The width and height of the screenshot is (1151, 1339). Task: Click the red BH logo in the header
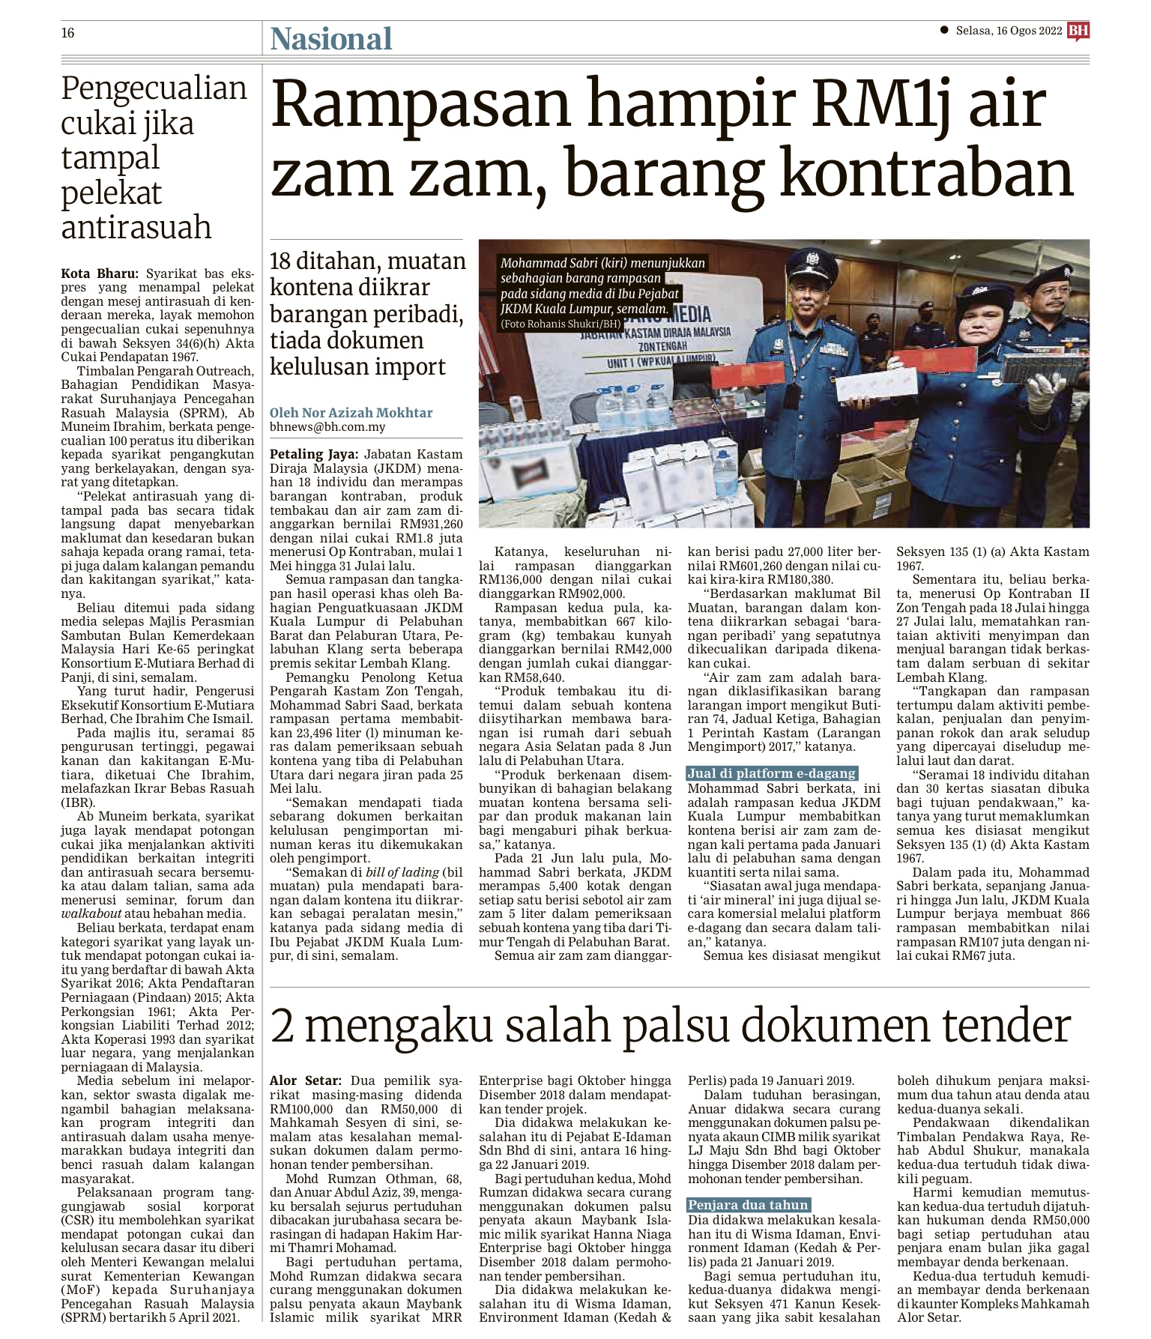1078,31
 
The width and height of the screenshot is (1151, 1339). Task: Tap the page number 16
67,33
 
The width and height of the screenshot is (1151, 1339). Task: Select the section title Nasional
331,38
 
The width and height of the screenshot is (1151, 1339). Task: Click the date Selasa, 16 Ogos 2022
1009,31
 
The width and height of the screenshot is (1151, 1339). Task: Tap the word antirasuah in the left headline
136,226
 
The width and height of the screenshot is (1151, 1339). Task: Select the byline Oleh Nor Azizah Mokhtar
351,413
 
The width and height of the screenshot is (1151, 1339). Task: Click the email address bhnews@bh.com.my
327,427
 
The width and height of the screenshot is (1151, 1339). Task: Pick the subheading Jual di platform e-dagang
771,773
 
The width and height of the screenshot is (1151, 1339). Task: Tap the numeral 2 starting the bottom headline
283,1027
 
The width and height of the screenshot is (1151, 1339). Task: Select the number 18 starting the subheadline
280,262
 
